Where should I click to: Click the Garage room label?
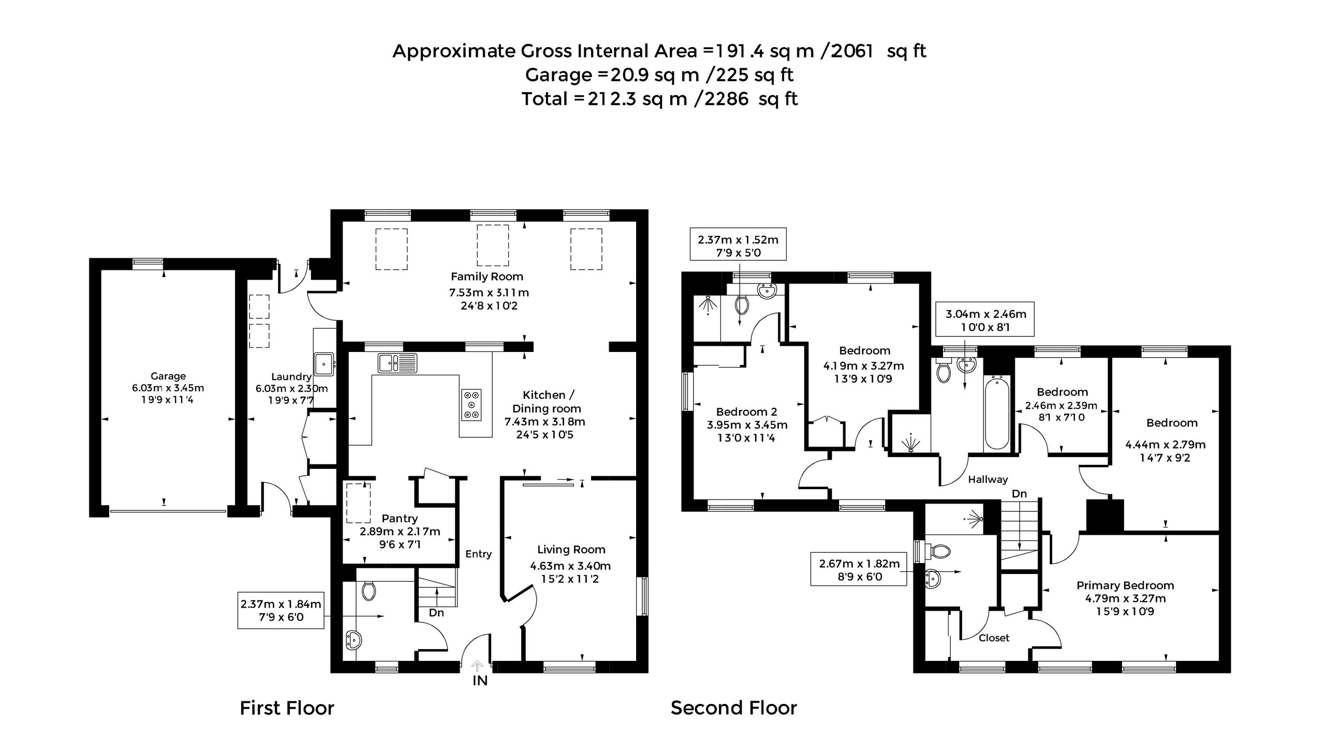pyautogui.click(x=168, y=376)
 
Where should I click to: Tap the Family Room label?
pyautogui.click(x=487, y=276)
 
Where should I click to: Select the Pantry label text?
pyautogui.click(x=400, y=519)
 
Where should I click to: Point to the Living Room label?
pyautogui.click(x=571, y=550)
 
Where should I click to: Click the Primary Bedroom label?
pyautogui.click(x=1125, y=585)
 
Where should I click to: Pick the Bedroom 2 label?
pyautogui.click(x=746, y=412)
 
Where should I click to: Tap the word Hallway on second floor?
pyautogui.click(x=988, y=480)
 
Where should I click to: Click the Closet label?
pyautogui.click(x=994, y=638)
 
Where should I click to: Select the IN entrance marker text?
pyautogui.click(x=480, y=681)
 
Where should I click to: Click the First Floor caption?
pyautogui.click(x=287, y=708)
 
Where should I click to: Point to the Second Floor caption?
pyautogui.click(x=733, y=708)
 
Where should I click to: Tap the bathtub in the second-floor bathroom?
pyautogui.click(x=997, y=413)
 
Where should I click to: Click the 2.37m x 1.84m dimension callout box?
pyautogui.click(x=281, y=610)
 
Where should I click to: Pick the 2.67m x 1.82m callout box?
pyautogui.click(x=859, y=569)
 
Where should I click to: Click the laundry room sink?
pyautogui.click(x=324, y=364)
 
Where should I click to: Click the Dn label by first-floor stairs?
pyautogui.click(x=436, y=613)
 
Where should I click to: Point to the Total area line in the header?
pyautogui.click(x=659, y=99)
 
